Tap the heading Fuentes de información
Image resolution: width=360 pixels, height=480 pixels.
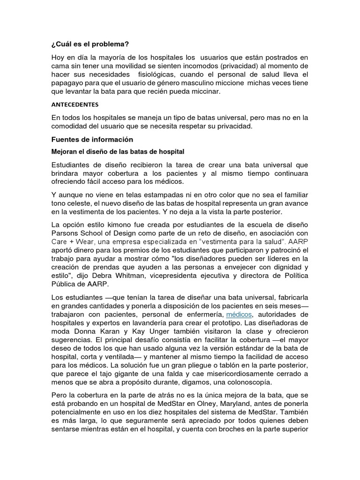click(92, 139)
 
